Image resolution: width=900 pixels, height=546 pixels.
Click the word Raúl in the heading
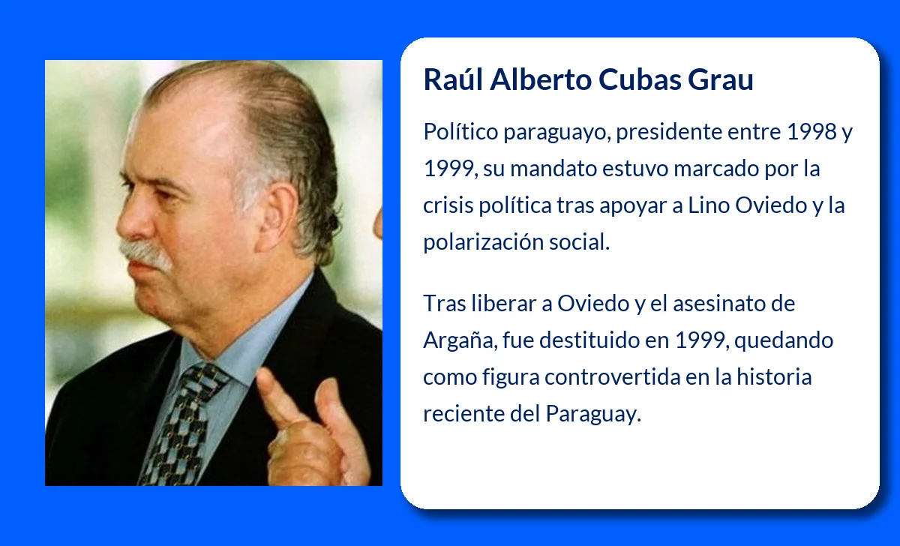pos(452,79)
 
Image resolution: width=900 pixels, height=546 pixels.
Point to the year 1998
pos(812,132)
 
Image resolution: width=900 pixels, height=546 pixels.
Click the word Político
pos(460,132)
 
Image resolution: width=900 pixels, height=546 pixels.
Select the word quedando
pos(784,340)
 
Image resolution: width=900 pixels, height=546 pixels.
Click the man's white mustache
pos(146,253)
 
